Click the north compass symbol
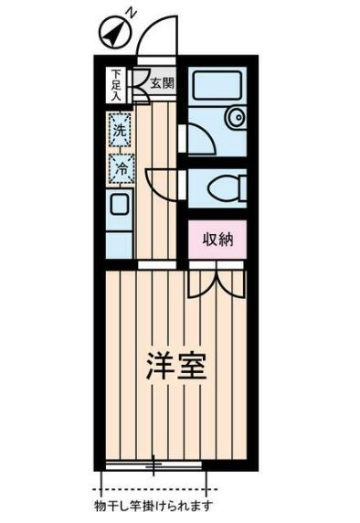(115, 34)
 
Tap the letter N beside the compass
(132, 13)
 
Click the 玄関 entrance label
(162, 83)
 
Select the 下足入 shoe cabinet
(116, 85)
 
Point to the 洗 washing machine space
(120, 130)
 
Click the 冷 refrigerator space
(122, 169)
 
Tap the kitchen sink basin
(119, 205)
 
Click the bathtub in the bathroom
(217, 85)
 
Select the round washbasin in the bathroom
(237, 117)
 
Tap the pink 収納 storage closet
(217, 240)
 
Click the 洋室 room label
(175, 366)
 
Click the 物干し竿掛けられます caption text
(154, 506)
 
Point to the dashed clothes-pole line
(155, 490)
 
